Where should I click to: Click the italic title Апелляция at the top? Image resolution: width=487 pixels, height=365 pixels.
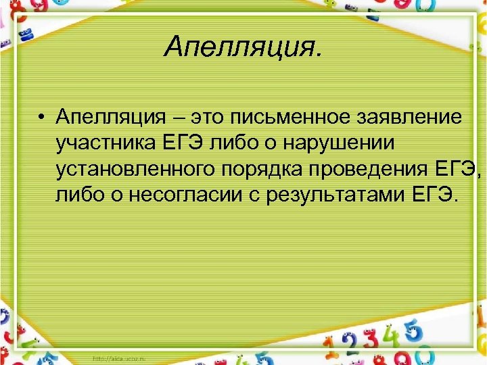pyautogui.click(x=243, y=47)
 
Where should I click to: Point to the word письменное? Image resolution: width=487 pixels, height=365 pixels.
pyautogui.click(x=292, y=118)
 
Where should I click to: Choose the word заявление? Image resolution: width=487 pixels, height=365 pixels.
pyautogui.click(x=412, y=118)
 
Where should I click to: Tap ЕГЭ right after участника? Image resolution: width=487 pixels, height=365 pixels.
pyautogui.click(x=178, y=143)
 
